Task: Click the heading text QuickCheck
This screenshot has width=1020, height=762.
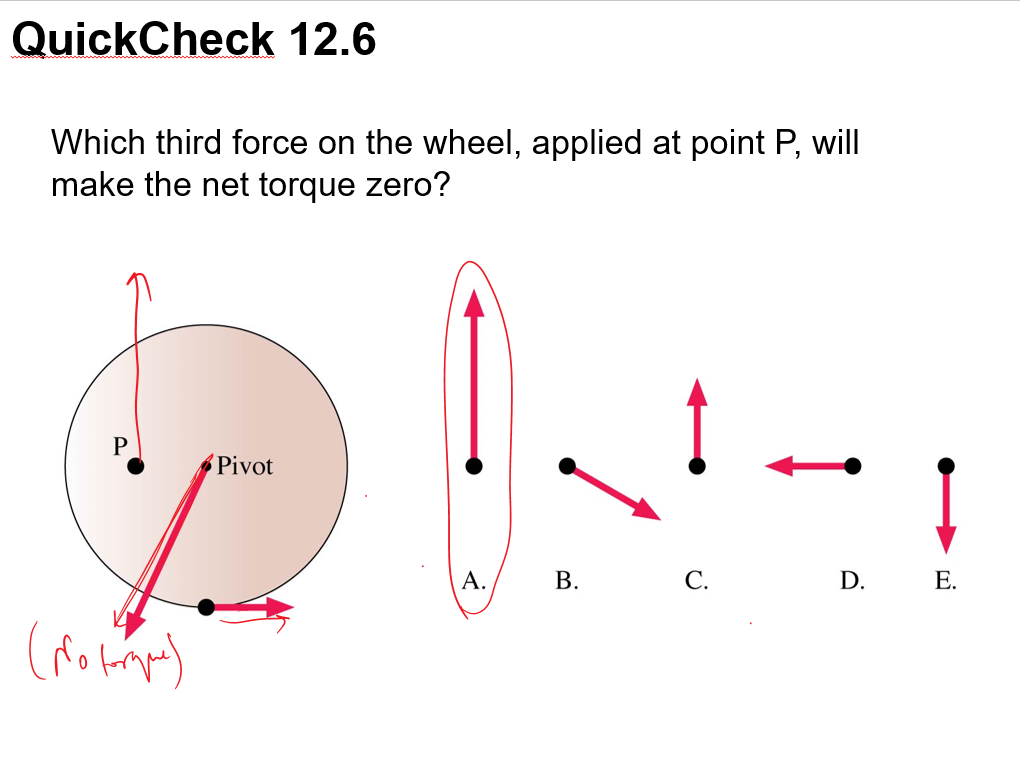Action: coord(143,40)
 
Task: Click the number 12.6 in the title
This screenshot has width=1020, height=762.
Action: coord(332,40)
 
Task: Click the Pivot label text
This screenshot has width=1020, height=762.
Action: coord(245,466)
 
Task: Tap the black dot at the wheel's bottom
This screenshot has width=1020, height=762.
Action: coord(206,607)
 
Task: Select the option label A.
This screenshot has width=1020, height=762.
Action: coord(474,580)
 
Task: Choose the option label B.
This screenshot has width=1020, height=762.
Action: coord(567,580)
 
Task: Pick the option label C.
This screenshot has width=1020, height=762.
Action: coord(697,580)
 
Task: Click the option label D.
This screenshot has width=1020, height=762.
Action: coord(852,580)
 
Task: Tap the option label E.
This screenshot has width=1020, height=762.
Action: coord(945,580)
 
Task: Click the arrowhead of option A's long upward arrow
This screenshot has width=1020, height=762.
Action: coord(474,302)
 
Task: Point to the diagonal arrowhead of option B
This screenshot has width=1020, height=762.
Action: coord(647,510)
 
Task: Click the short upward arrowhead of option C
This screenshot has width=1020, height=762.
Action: coord(697,392)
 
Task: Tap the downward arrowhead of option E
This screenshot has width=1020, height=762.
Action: coord(946,538)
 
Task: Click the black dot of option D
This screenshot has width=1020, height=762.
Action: coord(852,465)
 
